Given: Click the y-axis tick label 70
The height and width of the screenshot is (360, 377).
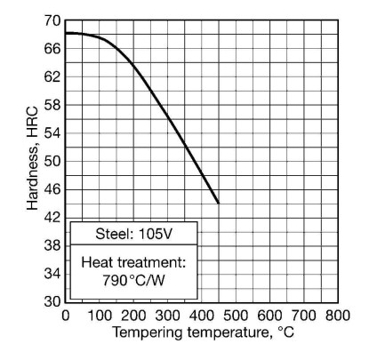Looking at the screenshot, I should pos(52,20).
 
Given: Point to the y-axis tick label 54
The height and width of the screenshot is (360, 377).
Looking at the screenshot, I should pos(52,133).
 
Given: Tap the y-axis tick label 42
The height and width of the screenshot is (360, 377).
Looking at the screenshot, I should pos(52,218).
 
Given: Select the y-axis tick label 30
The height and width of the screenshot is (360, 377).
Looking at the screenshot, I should pos(52,302).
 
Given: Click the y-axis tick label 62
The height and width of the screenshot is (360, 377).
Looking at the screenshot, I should pos(52,77).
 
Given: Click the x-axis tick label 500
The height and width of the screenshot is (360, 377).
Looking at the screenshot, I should pos(236,315).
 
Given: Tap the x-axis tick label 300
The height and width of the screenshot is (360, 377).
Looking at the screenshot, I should pos(167,315).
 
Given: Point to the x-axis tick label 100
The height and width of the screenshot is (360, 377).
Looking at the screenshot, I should pos(99,315).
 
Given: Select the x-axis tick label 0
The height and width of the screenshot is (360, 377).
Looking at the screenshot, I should pos(65,315).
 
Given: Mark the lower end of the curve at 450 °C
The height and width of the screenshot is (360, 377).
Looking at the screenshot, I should pos(218,203).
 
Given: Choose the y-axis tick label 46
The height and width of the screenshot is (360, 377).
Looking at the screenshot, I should pos(52,189).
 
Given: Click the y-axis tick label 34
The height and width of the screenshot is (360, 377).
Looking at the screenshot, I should pos(52,274).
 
